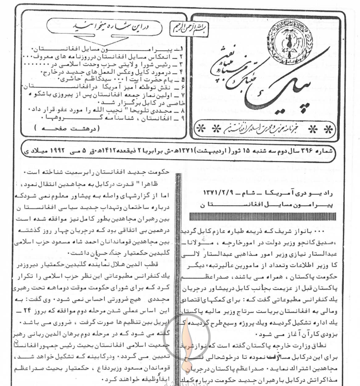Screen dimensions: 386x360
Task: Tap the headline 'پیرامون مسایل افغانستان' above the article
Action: (x=254, y=204)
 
